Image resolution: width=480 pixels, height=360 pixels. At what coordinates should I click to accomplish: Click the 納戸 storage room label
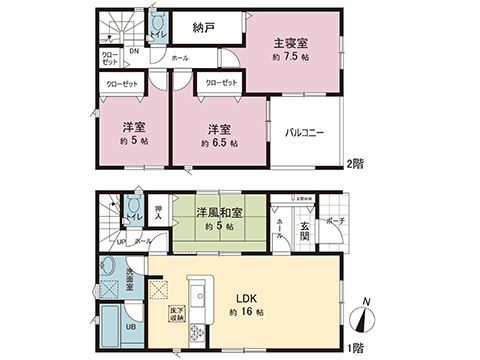coord(204,28)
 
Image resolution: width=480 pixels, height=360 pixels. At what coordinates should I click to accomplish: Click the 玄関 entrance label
coord(304,233)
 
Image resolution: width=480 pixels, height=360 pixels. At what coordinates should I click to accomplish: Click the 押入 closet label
coord(157,211)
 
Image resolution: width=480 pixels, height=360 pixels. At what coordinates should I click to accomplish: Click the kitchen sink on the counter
coord(199,295)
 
